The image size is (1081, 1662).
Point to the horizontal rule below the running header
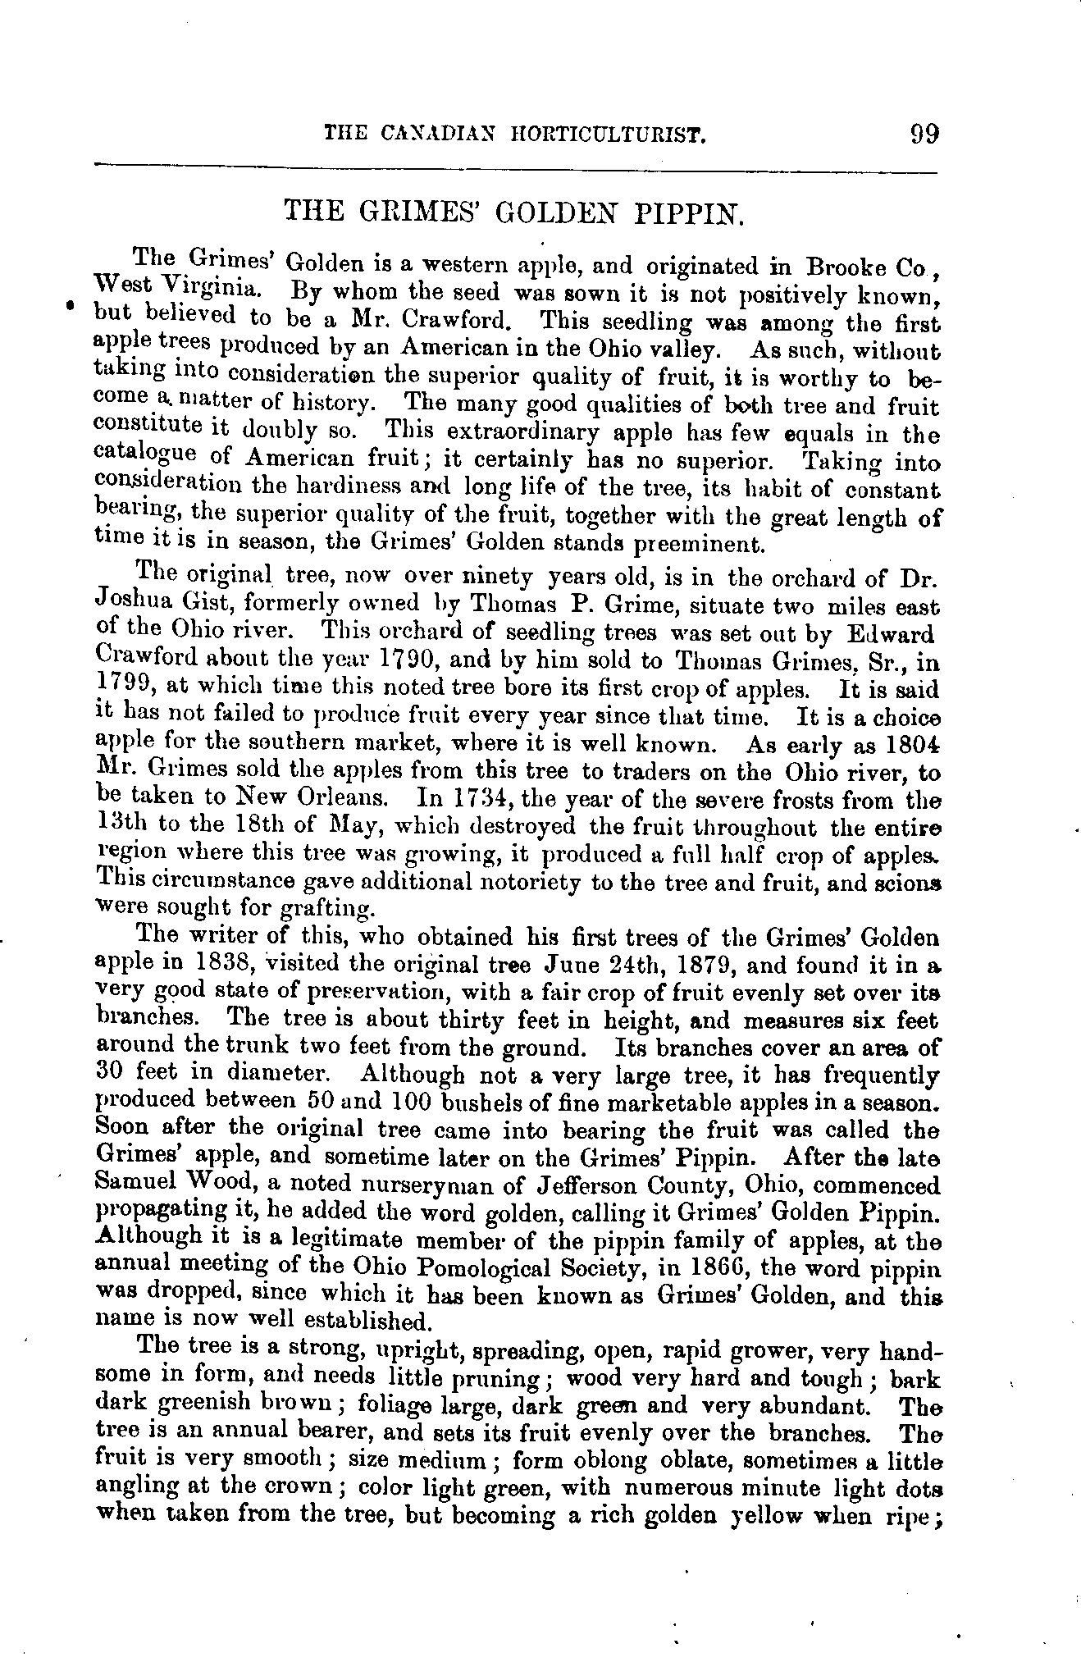(x=516, y=169)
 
